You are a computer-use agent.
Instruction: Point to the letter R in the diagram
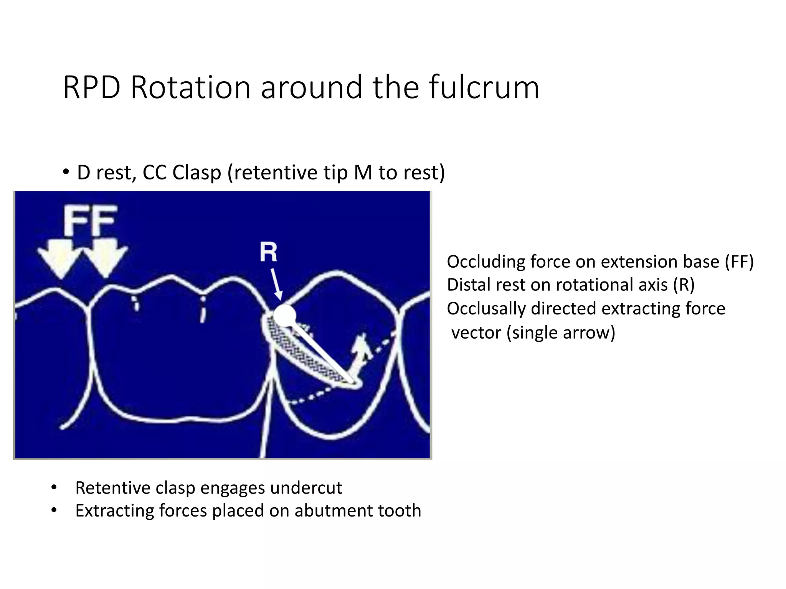point(268,252)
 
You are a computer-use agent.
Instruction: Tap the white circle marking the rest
point(284,315)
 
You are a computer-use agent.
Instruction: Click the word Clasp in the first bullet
point(196,173)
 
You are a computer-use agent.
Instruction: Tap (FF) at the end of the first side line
point(739,262)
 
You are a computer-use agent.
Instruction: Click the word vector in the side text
point(476,332)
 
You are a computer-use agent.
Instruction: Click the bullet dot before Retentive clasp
point(54,488)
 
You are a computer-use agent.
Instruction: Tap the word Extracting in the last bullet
point(114,511)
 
